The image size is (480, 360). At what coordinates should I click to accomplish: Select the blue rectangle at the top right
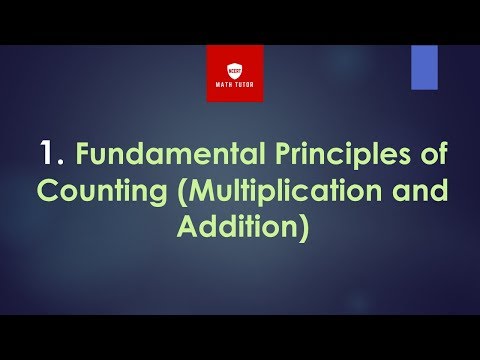tap(424, 66)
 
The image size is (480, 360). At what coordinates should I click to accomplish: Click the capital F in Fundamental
tap(83, 157)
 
